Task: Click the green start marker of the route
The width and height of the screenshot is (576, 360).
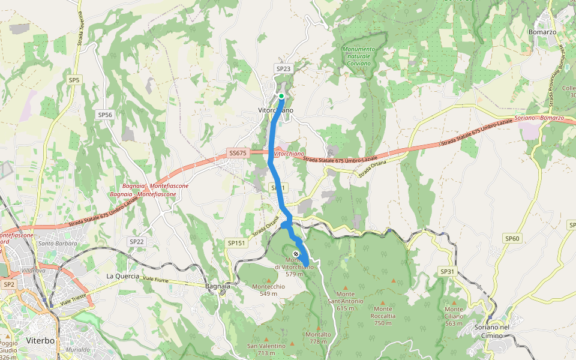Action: pyautogui.click(x=281, y=95)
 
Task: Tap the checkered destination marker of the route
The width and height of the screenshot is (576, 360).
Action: pyautogui.click(x=296, y=253)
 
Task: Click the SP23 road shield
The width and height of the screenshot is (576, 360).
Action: pyautogui.click(x=283, y=69)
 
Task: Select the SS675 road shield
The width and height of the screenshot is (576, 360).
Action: pyautogui.click(x=238, y=154)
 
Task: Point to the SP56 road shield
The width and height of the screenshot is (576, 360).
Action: pyautogui.click(x=105, y=115)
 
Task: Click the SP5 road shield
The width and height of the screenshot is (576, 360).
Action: pyautogui.click(x=74, y=79)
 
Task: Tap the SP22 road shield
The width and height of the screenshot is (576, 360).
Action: pyautogui.click(x=137, y=241)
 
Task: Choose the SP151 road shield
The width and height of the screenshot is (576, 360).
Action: pyautogui.click(x=236, y=243)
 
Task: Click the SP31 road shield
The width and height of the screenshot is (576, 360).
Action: pyautogui.click(x=448, y=271)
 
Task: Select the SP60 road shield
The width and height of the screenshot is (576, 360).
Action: pyautogui.click(x=512, y=238)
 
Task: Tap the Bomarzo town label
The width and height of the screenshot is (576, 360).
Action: pyautogui.click(x=542, y=31)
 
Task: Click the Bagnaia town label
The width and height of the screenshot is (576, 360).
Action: pyautogui.click(x=217, y=286)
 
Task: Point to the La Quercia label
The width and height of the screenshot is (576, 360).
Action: pyautogui.click(x=118, y=275)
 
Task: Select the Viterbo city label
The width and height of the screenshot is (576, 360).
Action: pyautogui.click(x=41, y=341)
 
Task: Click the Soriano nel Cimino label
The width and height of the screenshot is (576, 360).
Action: pyautogui.click(x=491, y=331)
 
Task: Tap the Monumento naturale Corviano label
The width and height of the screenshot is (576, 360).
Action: pyautogui.click(x=358, y=56)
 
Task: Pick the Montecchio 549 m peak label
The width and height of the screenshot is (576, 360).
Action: pyautogui.click(x=268, y=290)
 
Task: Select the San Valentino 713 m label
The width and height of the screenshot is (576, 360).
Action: pyautogui.click(x=266, y=349)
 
